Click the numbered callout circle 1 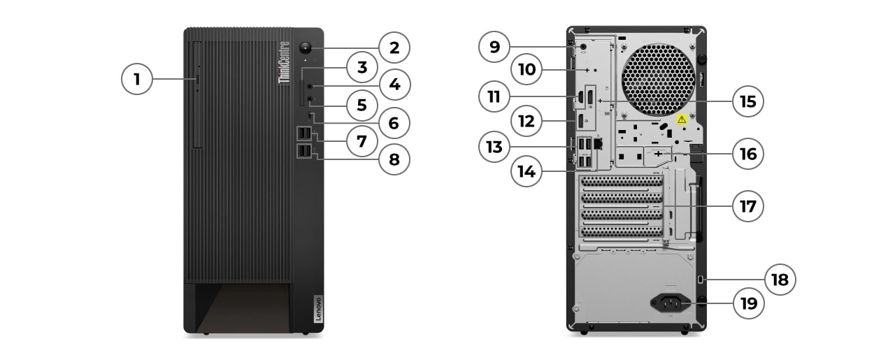tap(137, 79)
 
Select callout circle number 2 tap(394, 48)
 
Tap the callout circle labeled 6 tap(394, 123)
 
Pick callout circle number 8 tap(394, 159)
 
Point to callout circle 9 tap(494, 47)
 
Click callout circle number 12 tap(526, 121)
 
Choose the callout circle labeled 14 tap(526, 171)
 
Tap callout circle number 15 tap(747, 101)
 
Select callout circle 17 tap(747, 206)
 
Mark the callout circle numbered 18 tap(780, 280)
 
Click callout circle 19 tap(747, 303)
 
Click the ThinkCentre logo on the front tap(285, 63)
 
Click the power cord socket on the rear tap(670, 303)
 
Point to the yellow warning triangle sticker tap(682, 120)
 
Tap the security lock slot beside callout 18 tap(703, 280)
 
